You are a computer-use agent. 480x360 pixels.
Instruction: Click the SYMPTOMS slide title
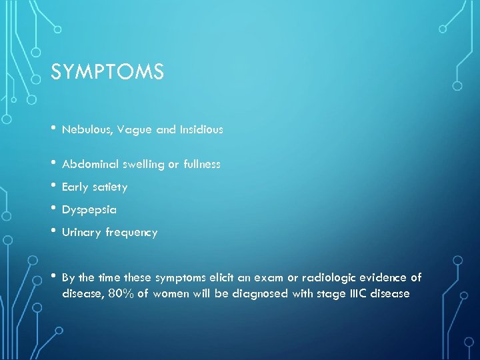(x=107, y=71)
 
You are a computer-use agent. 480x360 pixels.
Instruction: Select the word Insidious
(x=201, y=130)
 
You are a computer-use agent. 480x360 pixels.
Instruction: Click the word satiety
(x=110, y=187)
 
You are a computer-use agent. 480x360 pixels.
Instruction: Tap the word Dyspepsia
(x=89, y=210)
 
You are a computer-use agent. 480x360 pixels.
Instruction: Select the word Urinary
(x=81, y=233)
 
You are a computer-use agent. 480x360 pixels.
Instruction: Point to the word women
(x=171, y=293)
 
